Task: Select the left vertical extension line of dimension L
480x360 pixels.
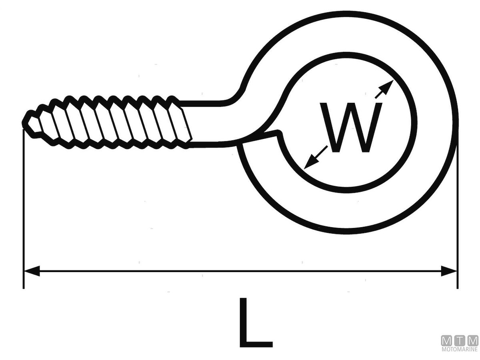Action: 24,208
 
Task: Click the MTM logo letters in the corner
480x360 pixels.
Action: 460,341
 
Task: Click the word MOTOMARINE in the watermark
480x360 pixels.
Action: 460,350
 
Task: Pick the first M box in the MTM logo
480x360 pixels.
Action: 446,341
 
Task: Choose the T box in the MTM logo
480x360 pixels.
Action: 460,341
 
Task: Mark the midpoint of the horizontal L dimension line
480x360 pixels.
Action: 240,271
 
